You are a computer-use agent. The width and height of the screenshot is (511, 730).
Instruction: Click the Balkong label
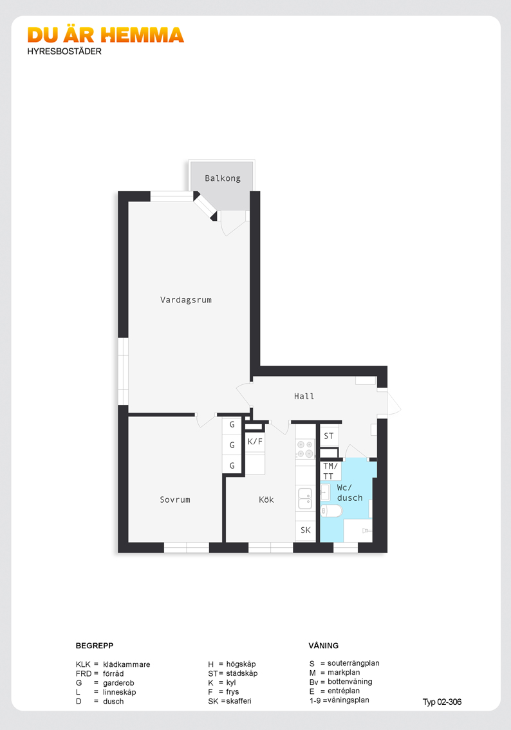[223, 178]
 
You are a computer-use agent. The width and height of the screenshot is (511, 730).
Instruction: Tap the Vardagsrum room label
[186, 300]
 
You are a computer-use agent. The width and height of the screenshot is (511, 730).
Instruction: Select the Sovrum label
[175, 500]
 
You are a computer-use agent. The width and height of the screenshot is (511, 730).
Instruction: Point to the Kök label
[266, 500]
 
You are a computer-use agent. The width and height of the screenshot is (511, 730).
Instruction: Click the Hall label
[304, 396]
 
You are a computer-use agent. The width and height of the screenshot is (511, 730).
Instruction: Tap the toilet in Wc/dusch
[331, 510]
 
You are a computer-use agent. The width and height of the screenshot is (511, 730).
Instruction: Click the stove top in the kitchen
[305, 449]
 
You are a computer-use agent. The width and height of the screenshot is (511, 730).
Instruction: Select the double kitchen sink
[305, 499]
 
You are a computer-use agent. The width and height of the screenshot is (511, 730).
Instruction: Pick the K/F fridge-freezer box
[255, 442]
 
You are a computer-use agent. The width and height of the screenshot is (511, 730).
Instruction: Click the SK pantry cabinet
[306, 530]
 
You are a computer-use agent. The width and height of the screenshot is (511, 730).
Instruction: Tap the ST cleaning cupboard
[329, 436]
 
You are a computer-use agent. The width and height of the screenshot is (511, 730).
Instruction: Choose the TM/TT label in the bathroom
[330, 471]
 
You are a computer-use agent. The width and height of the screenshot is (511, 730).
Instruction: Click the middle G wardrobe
[232, 445]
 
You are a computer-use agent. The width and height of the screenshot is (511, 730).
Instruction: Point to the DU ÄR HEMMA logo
[106, 35]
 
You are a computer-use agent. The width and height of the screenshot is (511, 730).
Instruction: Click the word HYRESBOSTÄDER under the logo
[64, 51]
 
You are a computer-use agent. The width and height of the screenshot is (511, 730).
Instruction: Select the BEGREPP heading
[95, 646]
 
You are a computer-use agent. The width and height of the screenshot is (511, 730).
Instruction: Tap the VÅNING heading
[324, 646]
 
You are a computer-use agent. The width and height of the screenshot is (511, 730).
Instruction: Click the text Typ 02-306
[442, 702]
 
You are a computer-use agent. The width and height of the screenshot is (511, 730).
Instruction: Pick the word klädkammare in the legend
[127, 664]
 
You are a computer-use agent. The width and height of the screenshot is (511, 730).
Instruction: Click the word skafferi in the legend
[239, 700]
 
